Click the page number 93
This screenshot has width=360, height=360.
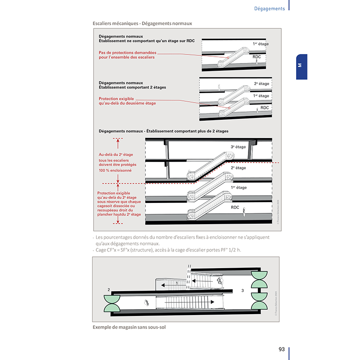tap(281, 349)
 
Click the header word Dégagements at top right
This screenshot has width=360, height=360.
tap(269, 9)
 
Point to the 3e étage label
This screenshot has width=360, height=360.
tap(238, 147)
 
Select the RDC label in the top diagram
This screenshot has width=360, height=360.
tap(257, 57)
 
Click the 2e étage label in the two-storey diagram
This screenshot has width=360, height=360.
tap(261, 84)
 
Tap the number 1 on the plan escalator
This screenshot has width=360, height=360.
tap(177, 283)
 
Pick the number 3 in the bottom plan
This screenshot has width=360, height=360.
tap(242, 291)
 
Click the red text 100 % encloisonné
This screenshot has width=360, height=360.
tap(116, 171)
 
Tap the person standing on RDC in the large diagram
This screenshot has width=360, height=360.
tap(244, 210)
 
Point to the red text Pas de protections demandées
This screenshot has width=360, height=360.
tap(128, 52)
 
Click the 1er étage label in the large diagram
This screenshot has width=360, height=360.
tap(238, 187)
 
